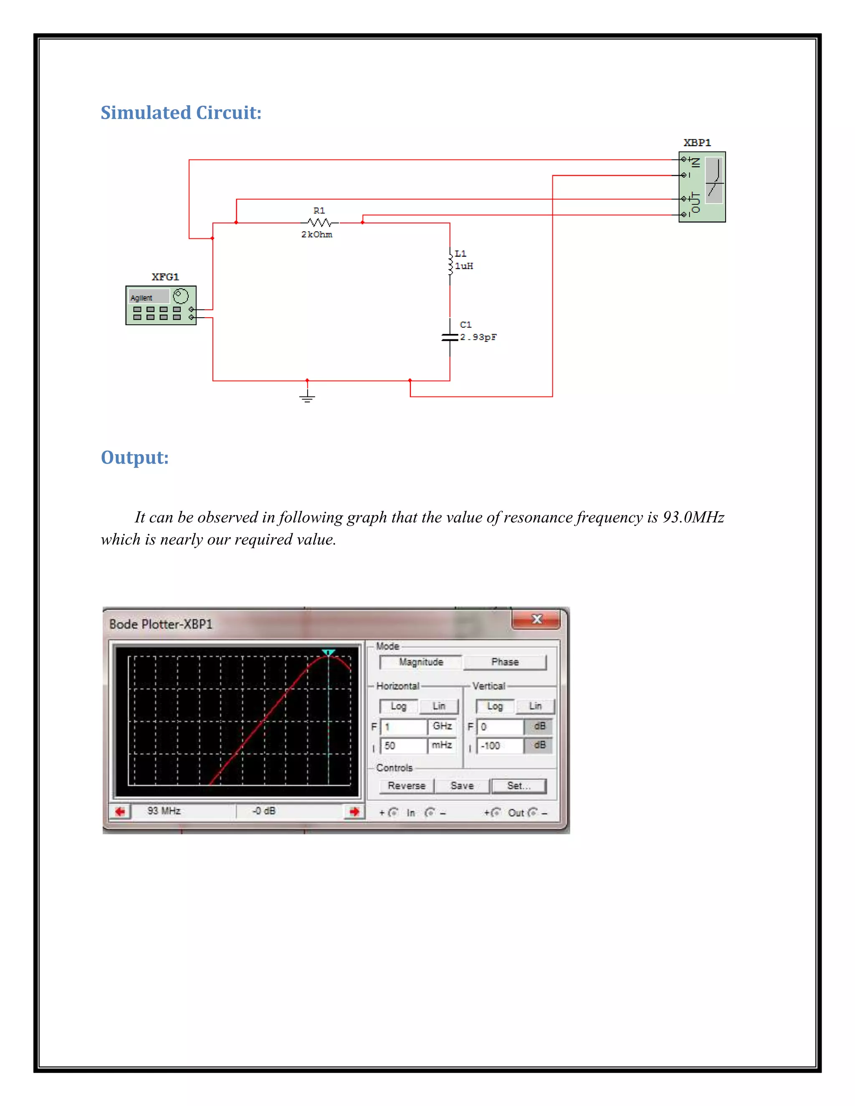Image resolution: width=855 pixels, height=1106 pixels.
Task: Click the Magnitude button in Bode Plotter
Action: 420,662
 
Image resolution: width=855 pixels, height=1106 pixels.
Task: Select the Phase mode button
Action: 505,662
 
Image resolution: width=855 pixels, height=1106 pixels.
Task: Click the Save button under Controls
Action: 462,785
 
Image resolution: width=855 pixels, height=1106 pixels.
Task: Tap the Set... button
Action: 519,785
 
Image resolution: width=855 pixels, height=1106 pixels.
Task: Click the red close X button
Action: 536,619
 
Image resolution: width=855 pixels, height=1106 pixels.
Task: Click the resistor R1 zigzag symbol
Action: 320,222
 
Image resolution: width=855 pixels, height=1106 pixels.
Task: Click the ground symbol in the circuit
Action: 307,396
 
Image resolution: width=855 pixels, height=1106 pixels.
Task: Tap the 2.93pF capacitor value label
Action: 478,337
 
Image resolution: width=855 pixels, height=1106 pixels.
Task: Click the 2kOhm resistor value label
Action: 316,235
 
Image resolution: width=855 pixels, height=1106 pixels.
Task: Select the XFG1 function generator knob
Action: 181,296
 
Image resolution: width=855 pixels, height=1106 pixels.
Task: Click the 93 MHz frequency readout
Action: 164,811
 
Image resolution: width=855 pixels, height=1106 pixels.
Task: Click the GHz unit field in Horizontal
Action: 442,726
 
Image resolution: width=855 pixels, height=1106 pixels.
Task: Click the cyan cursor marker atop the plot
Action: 329,652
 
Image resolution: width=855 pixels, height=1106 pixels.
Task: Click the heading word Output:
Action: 135,457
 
